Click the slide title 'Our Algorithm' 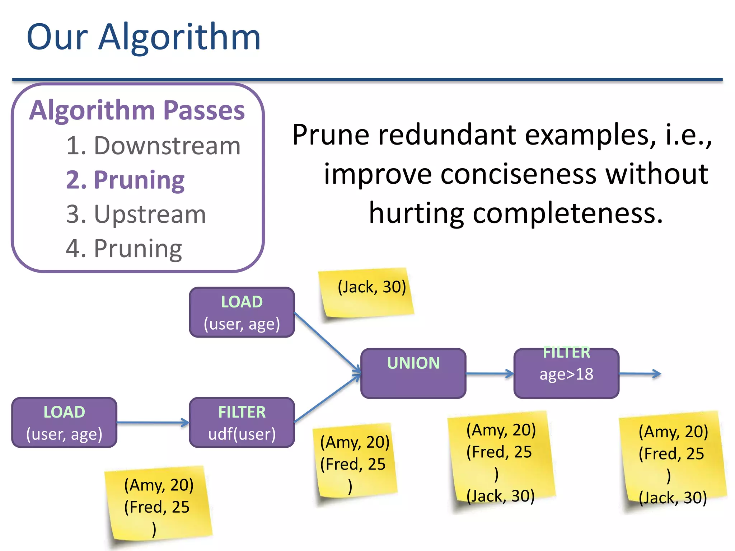(144, 37)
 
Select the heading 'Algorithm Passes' (137, 110)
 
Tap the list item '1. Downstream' (153, 146)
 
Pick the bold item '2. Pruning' (125, 180)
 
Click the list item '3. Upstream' (136, 215)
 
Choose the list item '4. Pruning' (124, 249)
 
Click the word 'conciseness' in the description (518, 174)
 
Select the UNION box (413, 373)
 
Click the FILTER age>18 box (566, 373)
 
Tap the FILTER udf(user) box (242, 423)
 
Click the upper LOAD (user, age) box (242, 312)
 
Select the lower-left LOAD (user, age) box (64, 423)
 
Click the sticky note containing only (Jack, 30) (368, 293)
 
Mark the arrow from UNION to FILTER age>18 (490, 374)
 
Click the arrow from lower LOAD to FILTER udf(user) (153, 423)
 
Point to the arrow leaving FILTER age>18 (640, 374)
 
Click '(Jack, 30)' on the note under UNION (501, 496)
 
